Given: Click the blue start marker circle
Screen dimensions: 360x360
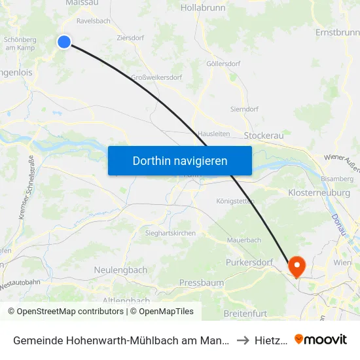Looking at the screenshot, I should (x=64, y=42).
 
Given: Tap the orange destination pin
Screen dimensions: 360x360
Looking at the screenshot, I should (x=297, y=265).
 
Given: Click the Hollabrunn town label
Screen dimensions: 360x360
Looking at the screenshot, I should (x=202, y=8).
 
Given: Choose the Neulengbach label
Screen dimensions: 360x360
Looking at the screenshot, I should (x=120, y=270).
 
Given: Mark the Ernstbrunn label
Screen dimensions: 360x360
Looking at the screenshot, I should (x=337, y=32).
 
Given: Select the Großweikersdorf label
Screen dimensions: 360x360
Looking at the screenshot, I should (x=156, y=77).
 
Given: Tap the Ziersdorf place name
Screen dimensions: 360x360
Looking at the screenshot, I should (x=130, y=38).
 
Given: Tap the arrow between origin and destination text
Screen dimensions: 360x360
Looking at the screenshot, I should (x=242, y=340).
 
